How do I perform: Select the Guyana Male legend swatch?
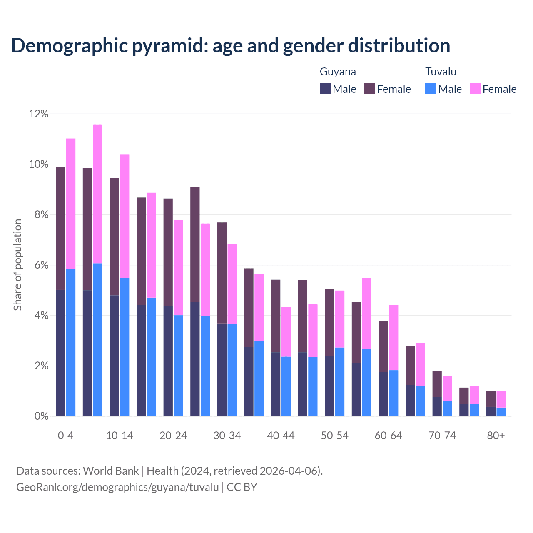pyautogui.click(x=325, y=89)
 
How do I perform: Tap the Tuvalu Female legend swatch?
pyautogui.click(x=475, y=89)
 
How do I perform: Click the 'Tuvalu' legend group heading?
pyautogui.click(x=441, y=72)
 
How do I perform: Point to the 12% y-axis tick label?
pyautogui.click(x=39, y=114)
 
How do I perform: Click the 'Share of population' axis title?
pyautogui.click(x=17, y=265)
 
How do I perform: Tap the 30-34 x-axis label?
pyautogui.click(x=227, y=436)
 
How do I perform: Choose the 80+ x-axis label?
pyautogui.click(x=496, y=436)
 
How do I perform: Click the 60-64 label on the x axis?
pyautogui.click(x=389, y=436)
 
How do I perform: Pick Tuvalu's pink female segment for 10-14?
pyautogui.click(x=125, y=216)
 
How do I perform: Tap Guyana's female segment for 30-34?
pyautogui.click(x=222, y=273)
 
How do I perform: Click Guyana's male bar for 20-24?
pyautogui.click(x=168, y=361)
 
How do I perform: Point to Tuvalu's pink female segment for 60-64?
pyautogui.click(x=394, y=337)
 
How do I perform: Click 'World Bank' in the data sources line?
pyautogui.click(x=111, y=471)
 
